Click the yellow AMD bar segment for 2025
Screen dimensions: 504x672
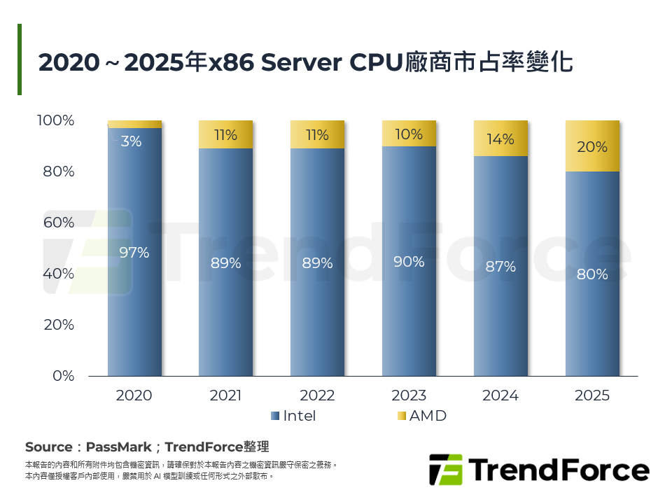coord(592,146)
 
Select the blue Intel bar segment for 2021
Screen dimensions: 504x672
coord(225,262)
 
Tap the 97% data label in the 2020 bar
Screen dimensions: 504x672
coord(134,253)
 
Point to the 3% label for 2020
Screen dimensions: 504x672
coord(131,141)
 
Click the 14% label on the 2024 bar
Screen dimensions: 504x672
coord(500,139)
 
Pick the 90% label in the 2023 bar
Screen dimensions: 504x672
coord(409,262)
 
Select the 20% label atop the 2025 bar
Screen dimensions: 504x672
coord(592,148)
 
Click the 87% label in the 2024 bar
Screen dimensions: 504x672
coord(500,267)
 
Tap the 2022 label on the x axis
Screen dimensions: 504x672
coord(317,395)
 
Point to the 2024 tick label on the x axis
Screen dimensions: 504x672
coord(500,395)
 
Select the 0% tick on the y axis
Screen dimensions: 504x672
coord(63,376)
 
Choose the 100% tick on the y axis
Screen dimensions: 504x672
coord(55,120)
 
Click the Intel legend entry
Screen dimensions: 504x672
coord(293,416)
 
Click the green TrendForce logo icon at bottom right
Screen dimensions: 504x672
coord(446,470)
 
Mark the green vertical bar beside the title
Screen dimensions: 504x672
coord(20,59)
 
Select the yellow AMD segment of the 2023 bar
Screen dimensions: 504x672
coord(409,133)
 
